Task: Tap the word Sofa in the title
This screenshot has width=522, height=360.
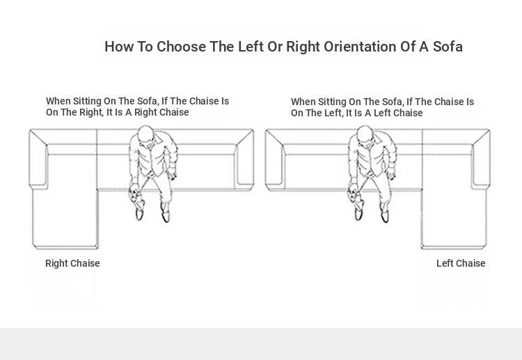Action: point(448,47)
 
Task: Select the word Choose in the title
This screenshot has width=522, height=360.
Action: point(181,47)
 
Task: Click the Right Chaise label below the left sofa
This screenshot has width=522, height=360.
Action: point(72,263)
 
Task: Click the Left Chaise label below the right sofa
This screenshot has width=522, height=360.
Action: point(461,263)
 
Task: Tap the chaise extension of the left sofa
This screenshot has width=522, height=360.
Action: point(65,218)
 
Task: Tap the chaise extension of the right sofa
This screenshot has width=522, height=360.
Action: point(454,218)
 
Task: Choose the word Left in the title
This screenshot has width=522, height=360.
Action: point(251,47)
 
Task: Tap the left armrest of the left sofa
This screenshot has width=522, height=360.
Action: point(38,158)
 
